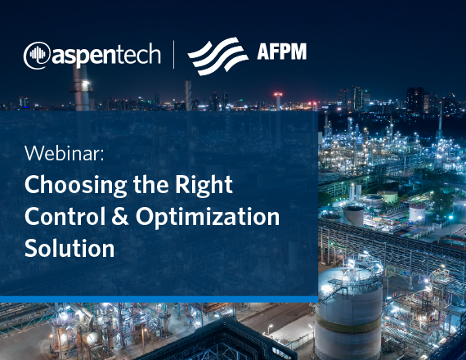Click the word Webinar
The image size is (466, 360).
click(x=65, y=153)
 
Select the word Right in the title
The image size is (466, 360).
click(x=204, y=185)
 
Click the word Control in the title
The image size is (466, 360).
click(x=65, y=216)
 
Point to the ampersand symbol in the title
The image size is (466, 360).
click(x=120, y=216)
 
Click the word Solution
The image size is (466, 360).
click(x=69, y=248)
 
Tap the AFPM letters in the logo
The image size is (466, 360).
click(x=282, y=52)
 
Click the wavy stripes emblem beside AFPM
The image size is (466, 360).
click(x=218, y=56)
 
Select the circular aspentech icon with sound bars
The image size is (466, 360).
click(x=37, y=56)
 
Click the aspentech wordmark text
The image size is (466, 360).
click(x=106, y=55)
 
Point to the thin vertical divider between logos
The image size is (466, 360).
click(x=174, y=55)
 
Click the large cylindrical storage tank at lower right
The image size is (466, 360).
click(x=349, y=313)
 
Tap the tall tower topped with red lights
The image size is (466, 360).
click(x=278, y=101)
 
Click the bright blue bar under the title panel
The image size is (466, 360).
click(x=159, y=299)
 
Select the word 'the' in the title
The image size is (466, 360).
click(x=150, y=184)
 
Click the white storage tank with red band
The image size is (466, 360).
click(x=417, y=212)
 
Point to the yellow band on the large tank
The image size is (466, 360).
click(x=349, y=324)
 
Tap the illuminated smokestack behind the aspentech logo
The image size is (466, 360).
click(x=81, y=86)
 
